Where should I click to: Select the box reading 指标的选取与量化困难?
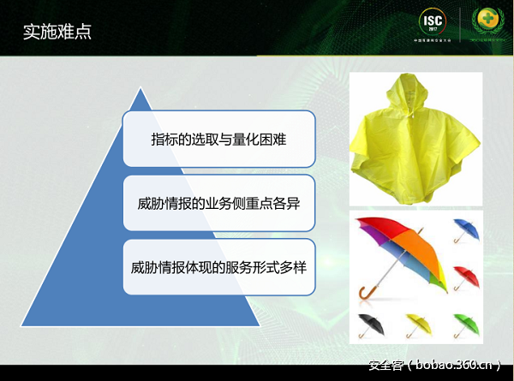pos(218,138)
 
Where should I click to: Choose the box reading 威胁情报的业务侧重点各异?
pos(218,203)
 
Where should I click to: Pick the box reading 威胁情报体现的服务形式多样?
pos(218,267)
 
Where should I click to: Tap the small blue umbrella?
pos(466,229)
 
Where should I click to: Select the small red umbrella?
pos(466,277)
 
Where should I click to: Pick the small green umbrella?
pos(466,324)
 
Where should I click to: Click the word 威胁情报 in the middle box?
pos(164,203)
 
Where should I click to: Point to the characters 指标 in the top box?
pos(161,138)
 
